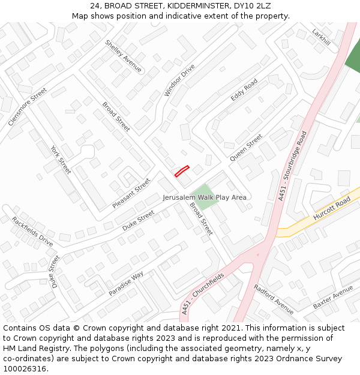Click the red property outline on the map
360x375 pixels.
[182, 171]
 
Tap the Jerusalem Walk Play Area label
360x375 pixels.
[205, 197]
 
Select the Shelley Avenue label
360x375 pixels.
[123, 56]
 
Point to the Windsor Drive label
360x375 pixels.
[179, 80]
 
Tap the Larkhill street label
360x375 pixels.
[321, 37]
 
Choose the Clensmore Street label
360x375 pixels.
[28, 107]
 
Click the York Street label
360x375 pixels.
[61, 160]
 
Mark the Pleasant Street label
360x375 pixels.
[131, 193]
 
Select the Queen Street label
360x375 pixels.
[246, 148]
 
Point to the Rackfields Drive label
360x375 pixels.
[32, 231]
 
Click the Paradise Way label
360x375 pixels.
[126, 283]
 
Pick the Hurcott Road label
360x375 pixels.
[331, 209]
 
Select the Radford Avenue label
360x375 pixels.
[274, 299]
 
